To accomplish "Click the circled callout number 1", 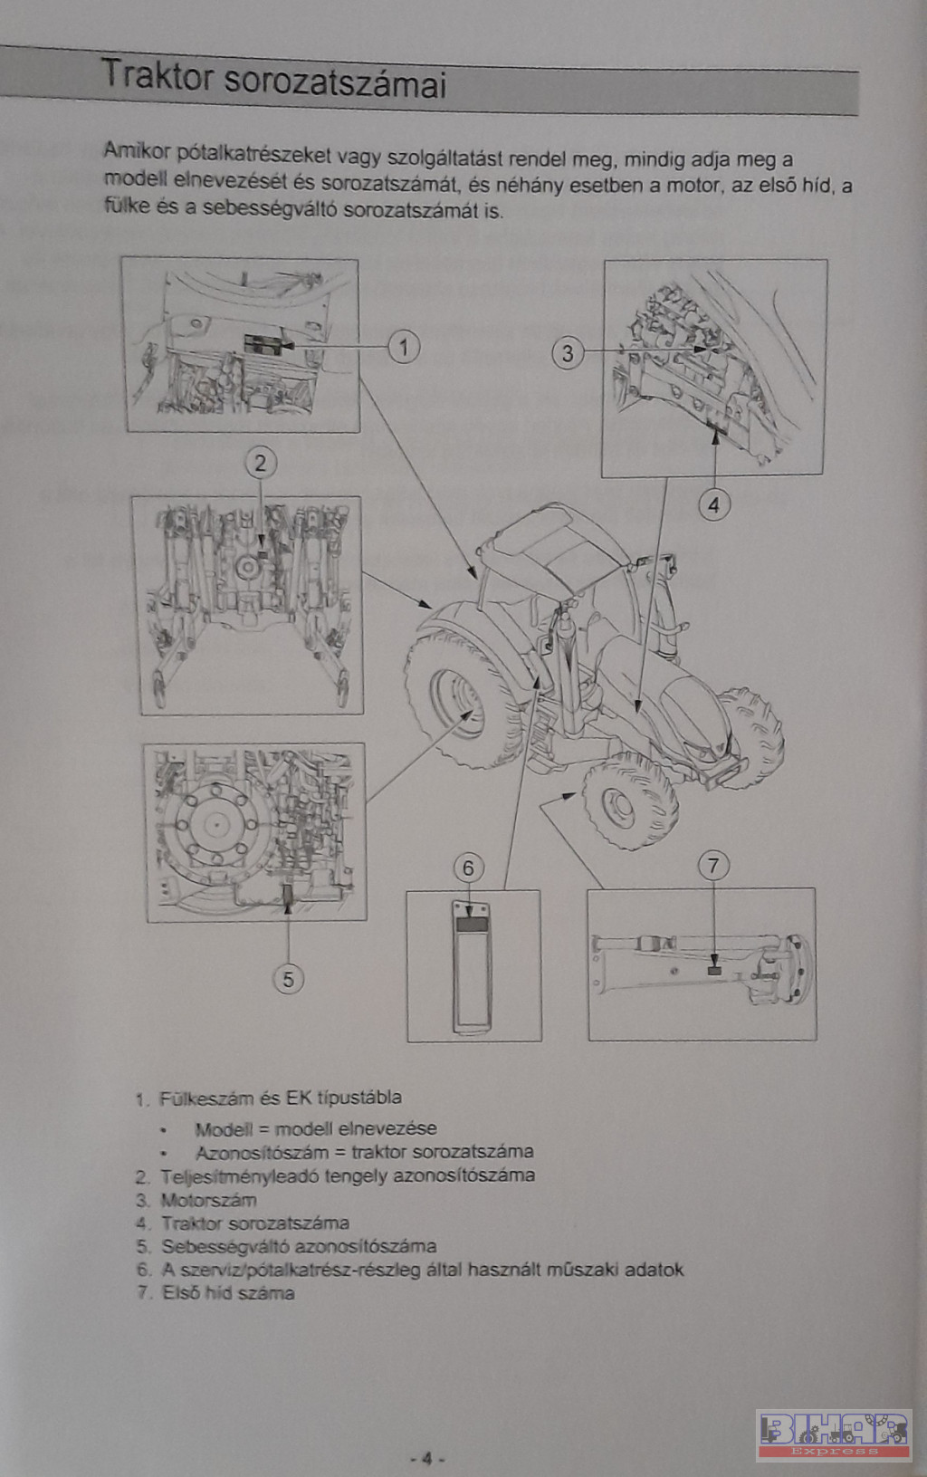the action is coord(404,347).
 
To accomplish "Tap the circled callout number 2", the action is coord(261,463).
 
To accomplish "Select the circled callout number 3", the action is coord(568,353).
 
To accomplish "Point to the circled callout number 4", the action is coord(713,505).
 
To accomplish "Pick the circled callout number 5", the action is coord(288,979).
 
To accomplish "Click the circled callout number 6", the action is coord(468,868).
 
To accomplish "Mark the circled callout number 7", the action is coord(713,865).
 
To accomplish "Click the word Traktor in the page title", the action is coord(157,74).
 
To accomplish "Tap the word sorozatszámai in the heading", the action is coord(336,82).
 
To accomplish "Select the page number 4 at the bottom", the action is coord(426,1458).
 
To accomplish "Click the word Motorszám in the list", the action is coord(209,1200).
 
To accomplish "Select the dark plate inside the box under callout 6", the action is coord(472,925).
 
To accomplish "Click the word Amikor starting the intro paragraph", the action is coord(137,151).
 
